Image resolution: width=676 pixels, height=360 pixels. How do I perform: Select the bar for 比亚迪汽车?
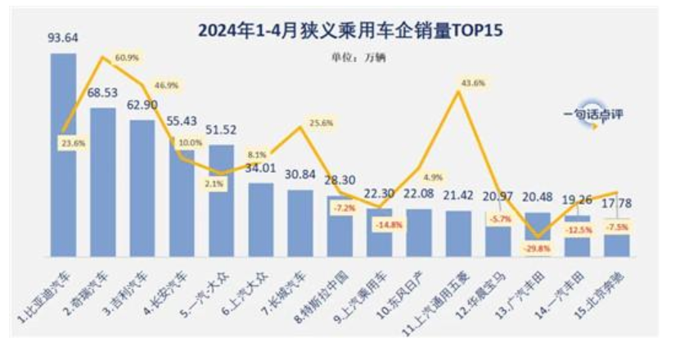[63, 155]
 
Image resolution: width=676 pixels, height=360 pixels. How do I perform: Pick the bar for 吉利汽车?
[142, 188]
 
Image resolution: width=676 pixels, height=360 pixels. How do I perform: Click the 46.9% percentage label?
[165, 84]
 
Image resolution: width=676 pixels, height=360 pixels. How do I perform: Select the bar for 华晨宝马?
[498, 237]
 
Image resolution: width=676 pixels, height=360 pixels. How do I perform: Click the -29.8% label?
[537, 248]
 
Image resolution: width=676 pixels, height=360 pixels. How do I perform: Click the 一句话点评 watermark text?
[593, 114]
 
